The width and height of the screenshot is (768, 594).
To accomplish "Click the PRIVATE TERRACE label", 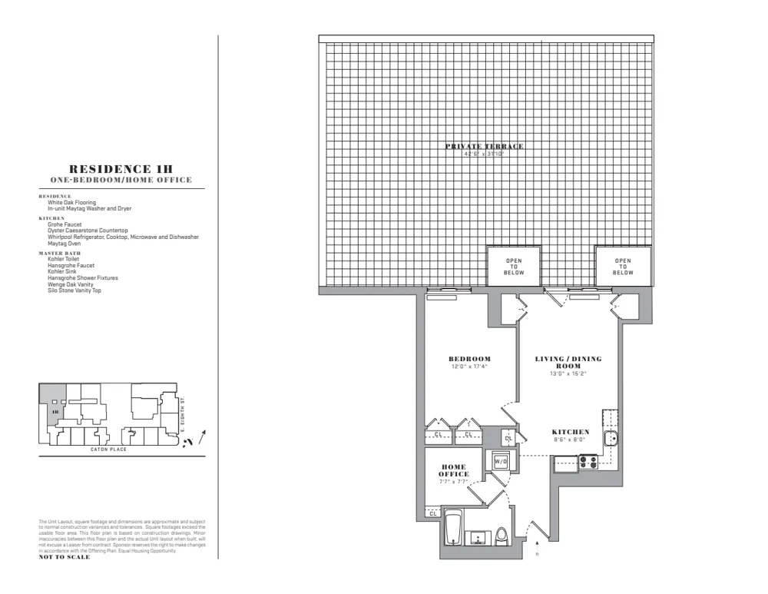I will pos(484,146).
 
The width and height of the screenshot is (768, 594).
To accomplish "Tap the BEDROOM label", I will pos(469,359).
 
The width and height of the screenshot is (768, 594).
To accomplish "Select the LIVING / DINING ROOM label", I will pos(568,362).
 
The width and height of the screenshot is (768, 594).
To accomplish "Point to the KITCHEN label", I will pos(571,433).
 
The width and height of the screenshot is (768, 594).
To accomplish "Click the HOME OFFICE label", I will pos(454,470).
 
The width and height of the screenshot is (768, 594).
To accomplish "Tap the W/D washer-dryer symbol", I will pos(501,462).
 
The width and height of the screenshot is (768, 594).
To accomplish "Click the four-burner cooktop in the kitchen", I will pos(588,463).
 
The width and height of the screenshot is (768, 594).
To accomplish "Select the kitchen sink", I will pos(611,440).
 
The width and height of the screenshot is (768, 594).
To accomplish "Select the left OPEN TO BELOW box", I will pos(514,267).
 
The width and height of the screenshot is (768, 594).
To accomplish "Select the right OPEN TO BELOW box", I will pos(623,267).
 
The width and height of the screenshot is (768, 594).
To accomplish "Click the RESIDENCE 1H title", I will pos(121,169).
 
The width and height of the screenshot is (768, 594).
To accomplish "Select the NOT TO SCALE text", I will pos(65,557).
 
